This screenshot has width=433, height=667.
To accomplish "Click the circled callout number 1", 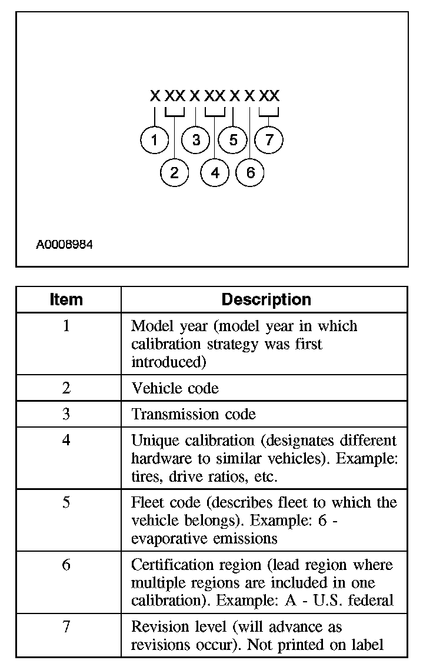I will [155, 140].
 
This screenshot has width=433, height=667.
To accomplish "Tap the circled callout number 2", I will [174, 173].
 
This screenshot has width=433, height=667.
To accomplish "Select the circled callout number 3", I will [196, 140].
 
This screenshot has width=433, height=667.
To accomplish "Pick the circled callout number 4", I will [215, 173].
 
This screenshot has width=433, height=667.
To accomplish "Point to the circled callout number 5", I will [234, 140].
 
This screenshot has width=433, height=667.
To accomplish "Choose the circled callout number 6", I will [251, 173].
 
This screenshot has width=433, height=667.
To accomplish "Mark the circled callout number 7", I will [269, 140].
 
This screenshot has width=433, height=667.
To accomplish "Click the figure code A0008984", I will [64, 244].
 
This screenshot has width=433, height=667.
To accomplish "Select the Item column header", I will [66, 299].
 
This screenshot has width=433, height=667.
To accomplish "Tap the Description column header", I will [266, 299].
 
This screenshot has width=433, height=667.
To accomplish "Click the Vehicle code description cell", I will [175, 388].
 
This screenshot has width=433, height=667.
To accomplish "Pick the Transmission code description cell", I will [194, 414].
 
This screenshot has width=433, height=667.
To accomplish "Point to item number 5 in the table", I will [66, 503].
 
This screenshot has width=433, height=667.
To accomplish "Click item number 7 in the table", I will [66, 627].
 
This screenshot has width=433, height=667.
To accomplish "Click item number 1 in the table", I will [66, 326].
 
